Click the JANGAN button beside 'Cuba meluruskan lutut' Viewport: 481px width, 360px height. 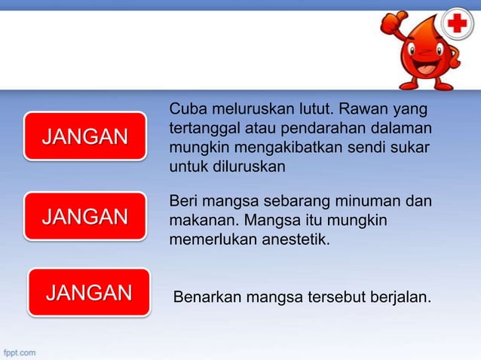click(x=84, y=136)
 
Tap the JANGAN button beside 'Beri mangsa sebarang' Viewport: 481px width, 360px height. click(x=84, y=217)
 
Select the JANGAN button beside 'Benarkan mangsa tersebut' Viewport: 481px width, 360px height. click(x=89, y=292)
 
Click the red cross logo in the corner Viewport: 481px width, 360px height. click(x=457, y=26)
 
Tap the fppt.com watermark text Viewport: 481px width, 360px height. click(x=18, y=352)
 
